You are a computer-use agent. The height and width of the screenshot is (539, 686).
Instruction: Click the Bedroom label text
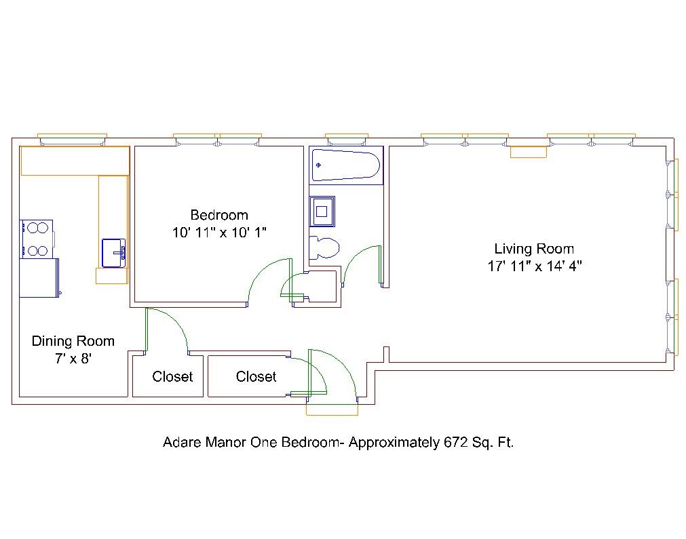219,215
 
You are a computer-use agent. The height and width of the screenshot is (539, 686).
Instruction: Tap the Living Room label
534,249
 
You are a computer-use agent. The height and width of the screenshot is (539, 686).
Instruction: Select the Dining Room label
73,341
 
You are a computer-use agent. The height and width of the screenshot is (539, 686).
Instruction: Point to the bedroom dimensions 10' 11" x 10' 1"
219,232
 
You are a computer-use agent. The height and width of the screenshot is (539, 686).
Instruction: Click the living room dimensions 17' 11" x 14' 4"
535,266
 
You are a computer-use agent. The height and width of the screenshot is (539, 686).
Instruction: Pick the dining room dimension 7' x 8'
73,359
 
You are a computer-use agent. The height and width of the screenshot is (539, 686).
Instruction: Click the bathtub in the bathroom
345,165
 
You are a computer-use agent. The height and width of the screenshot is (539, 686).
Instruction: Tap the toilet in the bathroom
324,247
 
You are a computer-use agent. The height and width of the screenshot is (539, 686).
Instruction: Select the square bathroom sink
322,212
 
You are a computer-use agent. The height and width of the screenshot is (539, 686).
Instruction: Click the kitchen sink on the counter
114,253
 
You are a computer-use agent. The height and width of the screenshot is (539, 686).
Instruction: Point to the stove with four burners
37,239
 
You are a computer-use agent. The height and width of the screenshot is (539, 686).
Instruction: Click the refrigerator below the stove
39,278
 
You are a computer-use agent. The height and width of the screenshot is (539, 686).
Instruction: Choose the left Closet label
172,376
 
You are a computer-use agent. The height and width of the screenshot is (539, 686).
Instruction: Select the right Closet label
256,376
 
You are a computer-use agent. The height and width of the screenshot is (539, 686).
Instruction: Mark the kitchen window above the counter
72,140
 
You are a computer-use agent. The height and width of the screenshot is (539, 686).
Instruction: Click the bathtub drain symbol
318,165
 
